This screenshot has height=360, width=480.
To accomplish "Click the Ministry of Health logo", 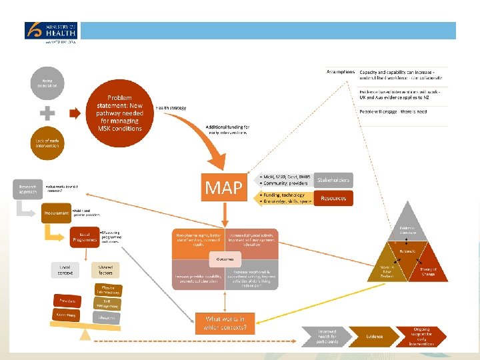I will (51, 31).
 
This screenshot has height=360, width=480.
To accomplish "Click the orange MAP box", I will (223, 187).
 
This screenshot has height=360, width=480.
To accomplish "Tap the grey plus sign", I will (47, 113).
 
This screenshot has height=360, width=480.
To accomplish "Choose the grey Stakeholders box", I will (333, 180).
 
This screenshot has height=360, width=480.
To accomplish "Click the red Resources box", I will (333, 198).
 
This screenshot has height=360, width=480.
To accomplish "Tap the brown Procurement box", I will (57, 213).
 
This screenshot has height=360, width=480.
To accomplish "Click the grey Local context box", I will (65, 269).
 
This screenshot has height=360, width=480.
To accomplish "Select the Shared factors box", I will (105, 269).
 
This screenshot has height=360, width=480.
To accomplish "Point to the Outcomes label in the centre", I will (226, 259).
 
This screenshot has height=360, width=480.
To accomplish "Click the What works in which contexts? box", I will (226, 323).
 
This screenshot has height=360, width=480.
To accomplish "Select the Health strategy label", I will (171, 107).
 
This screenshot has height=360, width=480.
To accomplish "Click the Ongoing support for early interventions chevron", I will (423, 336).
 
